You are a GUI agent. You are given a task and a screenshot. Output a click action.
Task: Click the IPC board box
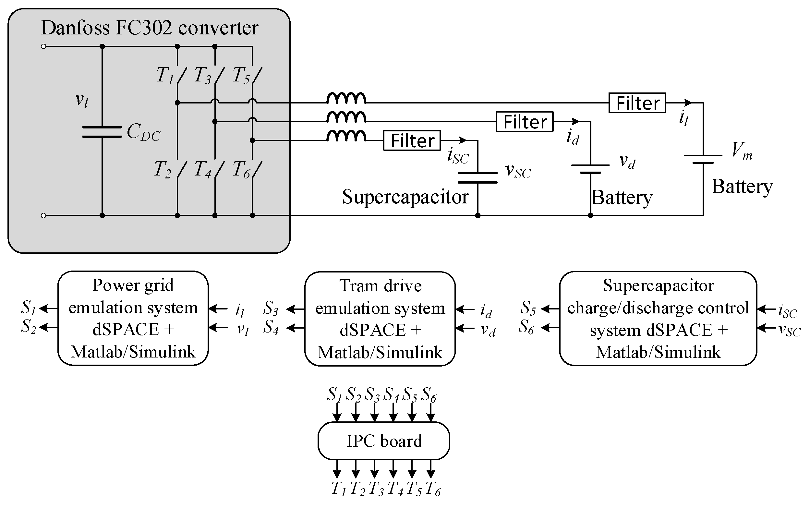click(x=383, y=441)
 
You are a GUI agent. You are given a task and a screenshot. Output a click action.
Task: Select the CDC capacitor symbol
click(x=102, y=132)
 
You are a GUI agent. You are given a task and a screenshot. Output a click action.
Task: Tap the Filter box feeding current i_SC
click(x=412, y=140)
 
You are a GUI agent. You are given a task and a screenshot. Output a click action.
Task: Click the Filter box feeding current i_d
click(x=525, y=122)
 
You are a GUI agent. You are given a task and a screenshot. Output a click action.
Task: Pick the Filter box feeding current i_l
click(x=637, y=103)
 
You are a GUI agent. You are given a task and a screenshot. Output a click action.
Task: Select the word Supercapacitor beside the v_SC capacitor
click(x=405, y=197)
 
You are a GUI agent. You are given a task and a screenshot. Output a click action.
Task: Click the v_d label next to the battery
click(x=627, y=162)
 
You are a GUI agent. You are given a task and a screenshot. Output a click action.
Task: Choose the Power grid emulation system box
click(x=133, y=318)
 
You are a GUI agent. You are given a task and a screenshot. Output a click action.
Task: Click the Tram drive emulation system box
click(x=380, y=318)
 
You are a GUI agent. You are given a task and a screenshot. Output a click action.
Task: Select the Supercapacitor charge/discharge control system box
click(x=658, y=318)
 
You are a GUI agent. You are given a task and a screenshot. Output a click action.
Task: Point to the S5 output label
click(x=528, y=308)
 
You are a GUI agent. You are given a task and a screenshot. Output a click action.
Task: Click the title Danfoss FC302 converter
click(x=150, y=28)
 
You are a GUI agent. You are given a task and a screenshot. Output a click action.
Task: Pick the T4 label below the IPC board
click(x=395, y=488)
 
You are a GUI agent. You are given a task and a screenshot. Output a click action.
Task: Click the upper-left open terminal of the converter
click(x=43, y=46)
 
